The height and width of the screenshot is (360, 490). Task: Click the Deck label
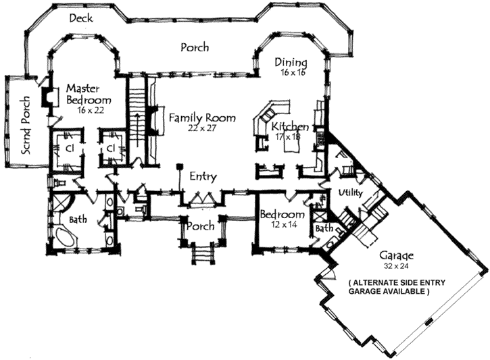point(81,18)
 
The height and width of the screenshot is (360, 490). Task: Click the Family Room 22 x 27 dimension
point(201,128)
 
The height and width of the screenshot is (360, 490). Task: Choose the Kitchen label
point(290,127)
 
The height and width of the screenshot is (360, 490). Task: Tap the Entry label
point(203,177)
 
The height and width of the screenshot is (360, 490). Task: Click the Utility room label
point(351,193)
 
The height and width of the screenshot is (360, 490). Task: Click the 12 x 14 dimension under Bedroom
point(283,224)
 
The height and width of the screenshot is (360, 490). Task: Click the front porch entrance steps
point(201,255)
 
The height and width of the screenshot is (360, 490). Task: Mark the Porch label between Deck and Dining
point(195,48)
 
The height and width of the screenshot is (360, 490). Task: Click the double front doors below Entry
point(202,199)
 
